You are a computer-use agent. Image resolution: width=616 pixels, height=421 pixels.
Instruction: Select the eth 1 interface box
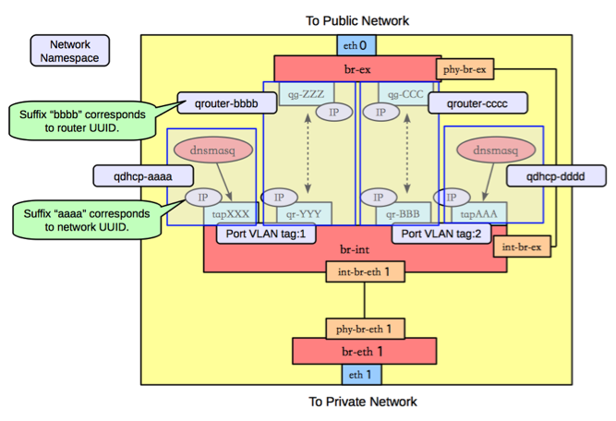point(356,375)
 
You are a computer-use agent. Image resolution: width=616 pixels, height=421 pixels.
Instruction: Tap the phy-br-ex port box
point(464,69)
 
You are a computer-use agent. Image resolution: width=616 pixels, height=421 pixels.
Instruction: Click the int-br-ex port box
point(521,247)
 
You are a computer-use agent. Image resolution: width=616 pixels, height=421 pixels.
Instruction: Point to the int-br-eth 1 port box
point(364,272)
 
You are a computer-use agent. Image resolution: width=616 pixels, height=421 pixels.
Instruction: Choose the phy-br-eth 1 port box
point(364,328)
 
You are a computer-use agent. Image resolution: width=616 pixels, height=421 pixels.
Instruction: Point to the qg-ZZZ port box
point(295,94)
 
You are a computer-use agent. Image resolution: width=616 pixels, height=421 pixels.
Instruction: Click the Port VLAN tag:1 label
point(265,235)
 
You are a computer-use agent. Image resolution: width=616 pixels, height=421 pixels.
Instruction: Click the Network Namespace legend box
point(69,51)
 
